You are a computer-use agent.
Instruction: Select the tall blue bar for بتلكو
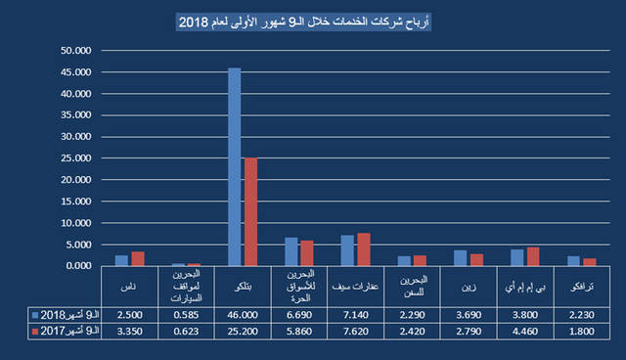[x=235, y=166]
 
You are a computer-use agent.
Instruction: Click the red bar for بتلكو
[x=250, y=211]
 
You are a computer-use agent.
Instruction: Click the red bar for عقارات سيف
[x=363, y=249]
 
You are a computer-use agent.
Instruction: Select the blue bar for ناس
[x=121, y=260]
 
